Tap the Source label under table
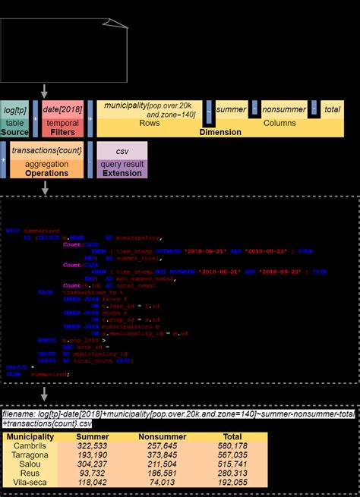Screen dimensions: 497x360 15,132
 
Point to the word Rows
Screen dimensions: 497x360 150,121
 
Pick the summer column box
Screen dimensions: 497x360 231,109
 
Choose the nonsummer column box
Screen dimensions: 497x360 283,109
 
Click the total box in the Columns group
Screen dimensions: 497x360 332,109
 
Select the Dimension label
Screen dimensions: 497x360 220,132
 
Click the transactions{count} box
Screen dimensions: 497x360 47,151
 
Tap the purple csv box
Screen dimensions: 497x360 122,152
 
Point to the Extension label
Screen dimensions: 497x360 122,173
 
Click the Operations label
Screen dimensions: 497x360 47,173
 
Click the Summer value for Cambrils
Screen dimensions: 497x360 93,446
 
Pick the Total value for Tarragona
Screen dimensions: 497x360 232,455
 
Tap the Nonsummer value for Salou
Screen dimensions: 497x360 163,464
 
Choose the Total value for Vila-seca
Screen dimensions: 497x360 232,483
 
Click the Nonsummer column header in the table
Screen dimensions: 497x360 163,436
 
